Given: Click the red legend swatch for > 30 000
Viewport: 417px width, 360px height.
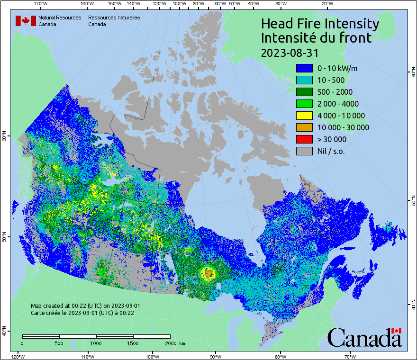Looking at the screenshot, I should click(304, 139).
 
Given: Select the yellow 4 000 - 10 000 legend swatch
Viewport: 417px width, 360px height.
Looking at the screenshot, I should click(304, 116).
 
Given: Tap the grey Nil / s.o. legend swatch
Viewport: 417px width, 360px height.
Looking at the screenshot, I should click(304, 151).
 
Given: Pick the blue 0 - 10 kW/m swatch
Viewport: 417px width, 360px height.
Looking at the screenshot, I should click(304, 68).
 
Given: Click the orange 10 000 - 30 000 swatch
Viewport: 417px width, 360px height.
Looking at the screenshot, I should click(304, 127).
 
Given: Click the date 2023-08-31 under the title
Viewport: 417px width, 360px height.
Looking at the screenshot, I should click(290, 52).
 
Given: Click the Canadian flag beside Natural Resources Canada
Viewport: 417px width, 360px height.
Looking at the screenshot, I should click(26, 21).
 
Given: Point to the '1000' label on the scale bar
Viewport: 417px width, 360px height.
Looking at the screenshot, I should click(96, 343).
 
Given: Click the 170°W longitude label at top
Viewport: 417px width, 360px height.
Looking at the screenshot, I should click(41, 4).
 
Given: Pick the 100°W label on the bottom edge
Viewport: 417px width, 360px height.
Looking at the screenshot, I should click(153, 356).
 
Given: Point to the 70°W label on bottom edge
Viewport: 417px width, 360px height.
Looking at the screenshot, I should click(350, 356).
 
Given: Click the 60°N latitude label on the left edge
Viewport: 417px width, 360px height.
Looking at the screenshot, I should click(4, 138).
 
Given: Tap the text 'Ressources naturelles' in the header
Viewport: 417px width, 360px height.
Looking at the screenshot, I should click(114, 18).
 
